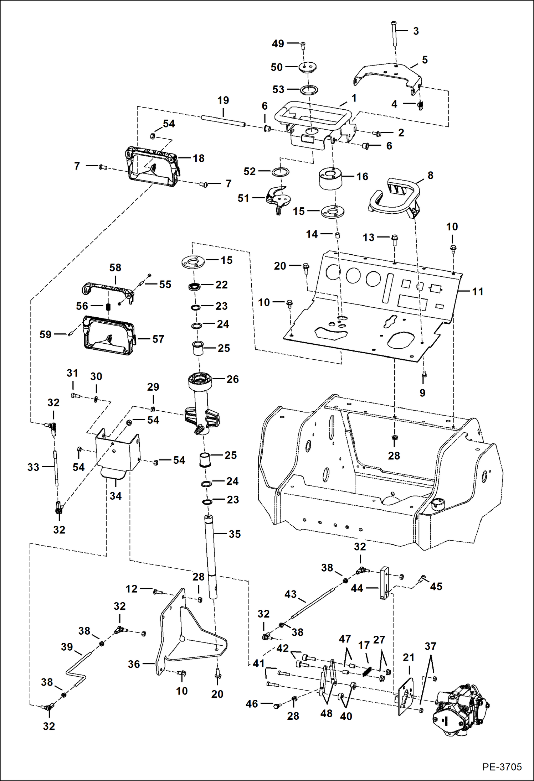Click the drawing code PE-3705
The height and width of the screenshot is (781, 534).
(502, 767)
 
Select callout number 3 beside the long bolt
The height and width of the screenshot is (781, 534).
(416, 31)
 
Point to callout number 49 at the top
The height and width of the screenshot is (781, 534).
(278, 43)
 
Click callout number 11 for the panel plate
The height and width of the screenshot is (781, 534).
(477, 292)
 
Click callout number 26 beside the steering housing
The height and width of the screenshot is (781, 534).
(232, 379)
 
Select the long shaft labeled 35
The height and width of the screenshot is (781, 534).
(211, 556)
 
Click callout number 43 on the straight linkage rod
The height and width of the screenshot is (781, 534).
(290, 594)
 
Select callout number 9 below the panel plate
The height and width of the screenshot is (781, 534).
(422, 392)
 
